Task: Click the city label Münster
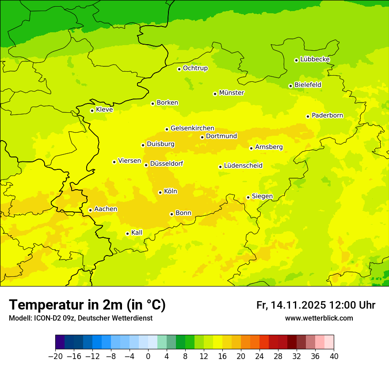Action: coord(232,93)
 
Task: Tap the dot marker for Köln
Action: coord(160,192)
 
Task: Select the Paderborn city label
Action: coord(328,115)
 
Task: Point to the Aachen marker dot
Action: coord(90,210)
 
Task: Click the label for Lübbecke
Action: coord(315,59)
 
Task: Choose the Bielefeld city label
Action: coord(308,84)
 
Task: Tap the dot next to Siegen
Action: coord(248,197)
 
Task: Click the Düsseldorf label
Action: coord(167,164)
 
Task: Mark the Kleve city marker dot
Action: coord(92,111)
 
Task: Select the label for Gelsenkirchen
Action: coord(192,128)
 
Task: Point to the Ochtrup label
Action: coord(195,68)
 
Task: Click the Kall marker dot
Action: coord(127,233)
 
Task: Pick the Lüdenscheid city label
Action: coord(243,166)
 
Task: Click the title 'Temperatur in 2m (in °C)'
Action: coord(88,305)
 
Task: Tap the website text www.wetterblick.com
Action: coord(319,318)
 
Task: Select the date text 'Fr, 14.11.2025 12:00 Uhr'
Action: coord(316,305)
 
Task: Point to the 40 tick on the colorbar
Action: coord(334,356)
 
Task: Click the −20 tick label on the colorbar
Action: coord(55,356)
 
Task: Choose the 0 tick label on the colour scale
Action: coord(148,356)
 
